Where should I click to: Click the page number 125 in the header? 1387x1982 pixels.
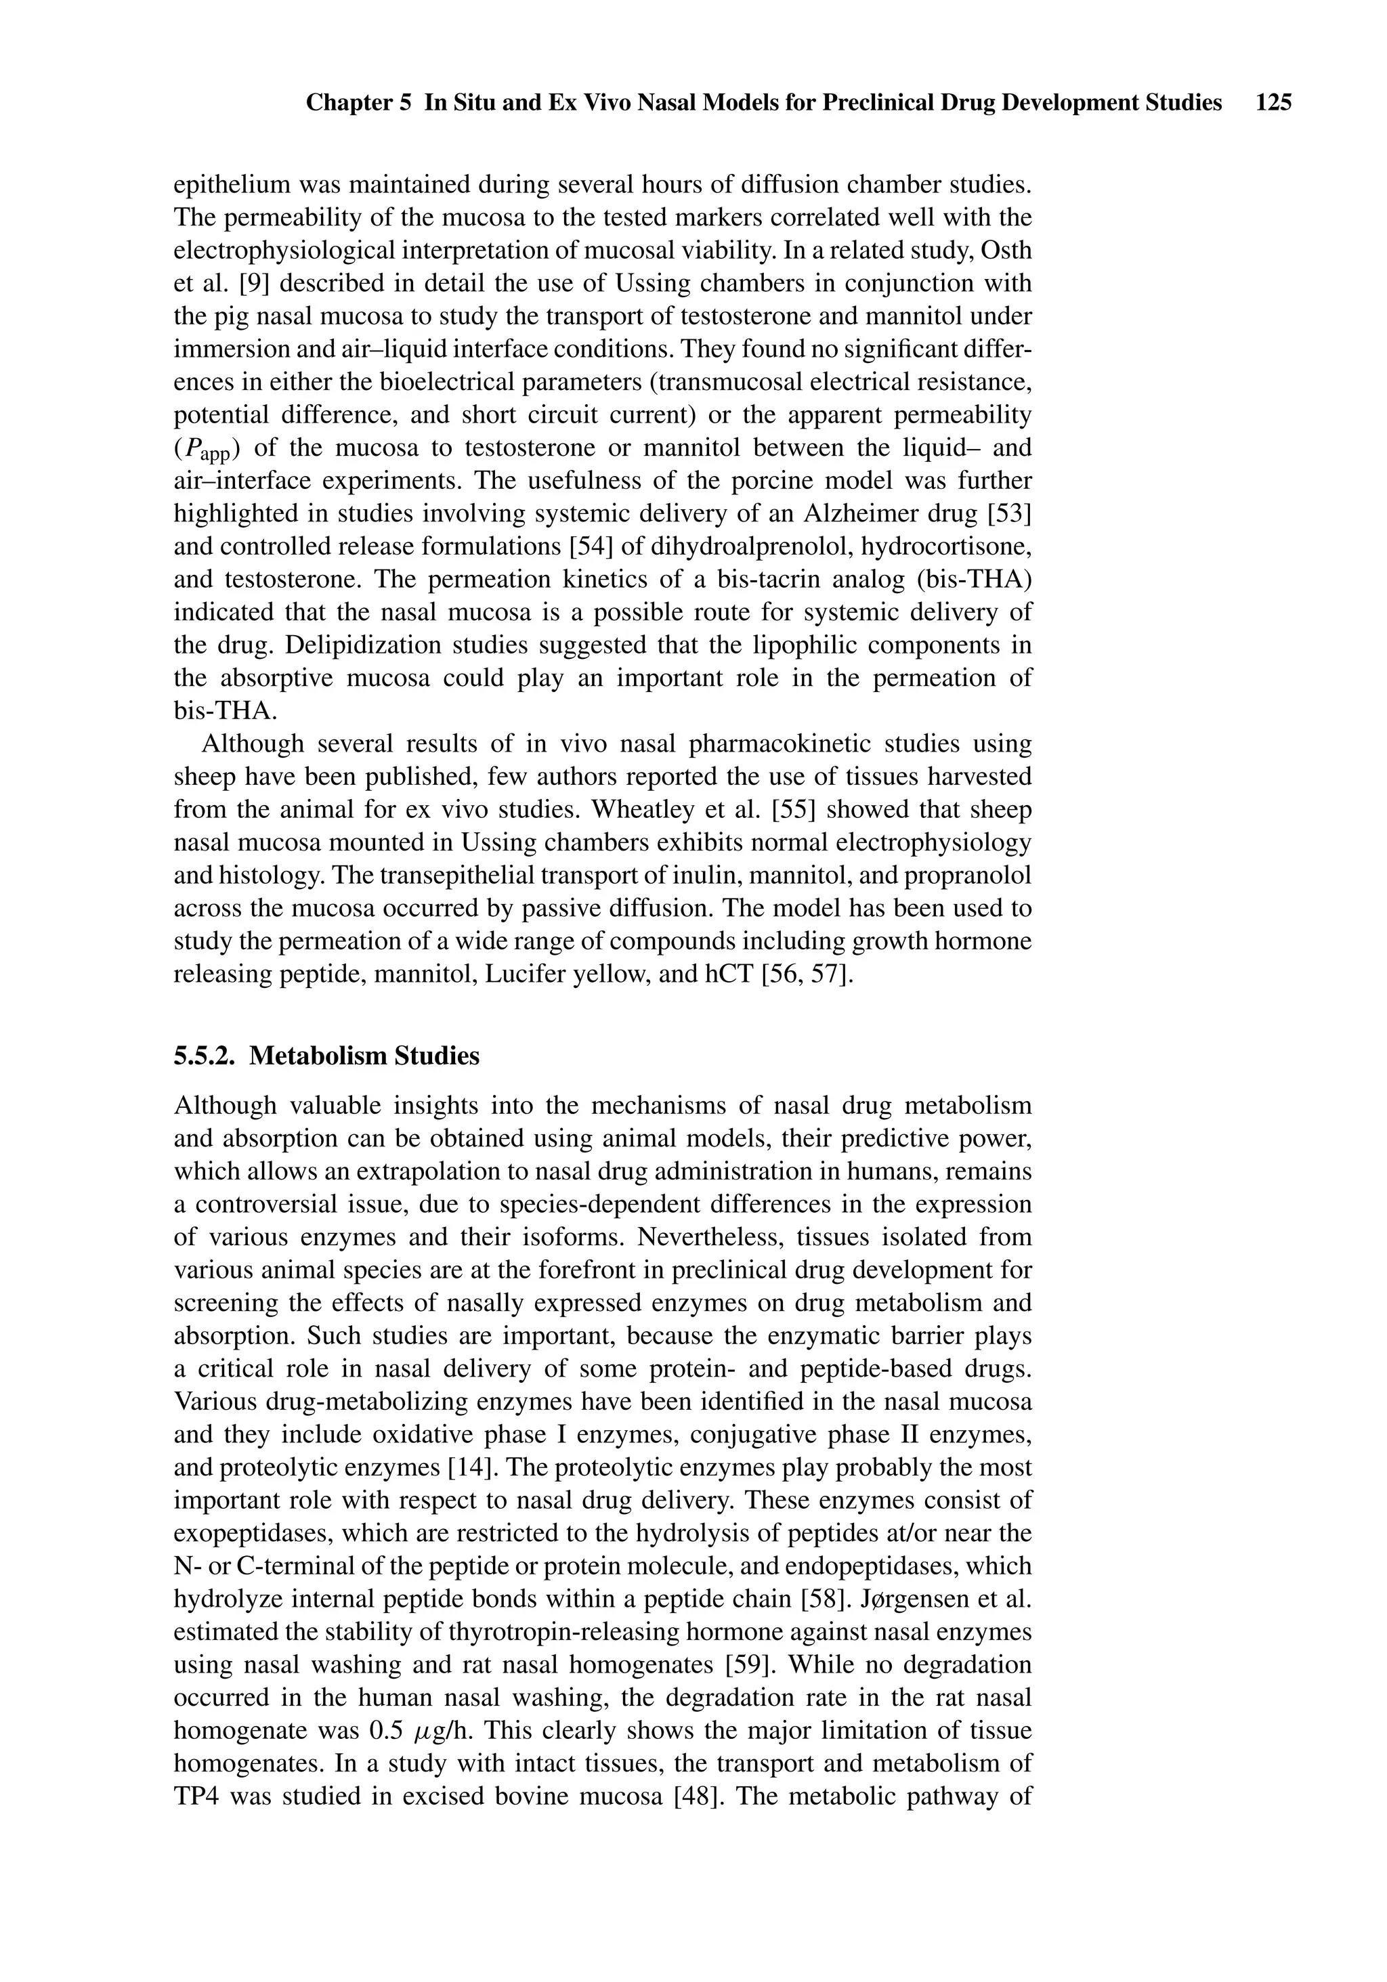1274,104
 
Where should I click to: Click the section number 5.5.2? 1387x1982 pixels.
205,1056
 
